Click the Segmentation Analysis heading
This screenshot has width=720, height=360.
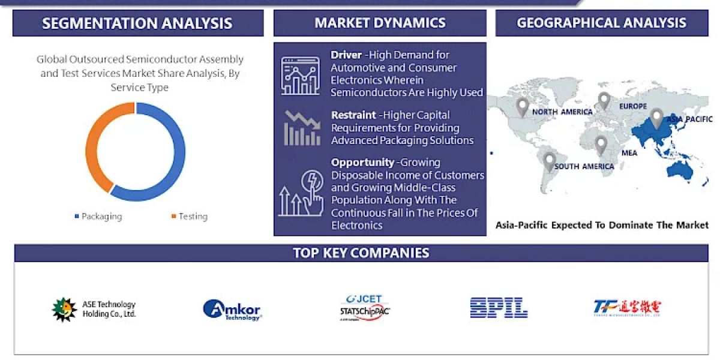tap(137, 23)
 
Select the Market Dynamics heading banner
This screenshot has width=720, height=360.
tap(380, 23)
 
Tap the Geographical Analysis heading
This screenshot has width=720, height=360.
tap(601, 23)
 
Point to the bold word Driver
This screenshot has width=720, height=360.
tap(346, 55)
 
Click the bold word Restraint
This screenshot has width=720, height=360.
tap(353, 115)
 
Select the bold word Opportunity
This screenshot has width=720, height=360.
tap(362, 163)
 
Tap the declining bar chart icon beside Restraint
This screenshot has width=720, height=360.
tap(302, 128)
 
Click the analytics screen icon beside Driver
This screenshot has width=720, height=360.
tap(301, 76)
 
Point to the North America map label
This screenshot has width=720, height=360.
tap(562, 112)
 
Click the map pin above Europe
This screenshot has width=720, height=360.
tap(604, 100)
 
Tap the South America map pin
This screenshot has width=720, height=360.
tap(549, 161)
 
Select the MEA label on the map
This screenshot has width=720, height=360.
tap(629, 153)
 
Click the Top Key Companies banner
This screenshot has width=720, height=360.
tap(361, 253)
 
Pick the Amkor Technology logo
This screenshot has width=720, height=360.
tap(232, 310)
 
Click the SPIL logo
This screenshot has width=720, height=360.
tap(498, 308)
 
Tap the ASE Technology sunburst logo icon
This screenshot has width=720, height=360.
tap(64, 310)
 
